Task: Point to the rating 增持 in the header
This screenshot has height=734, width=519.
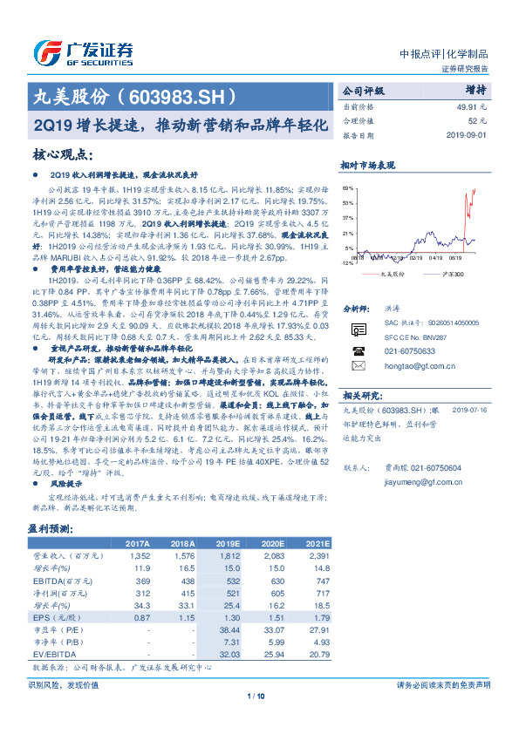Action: click(x=475, y=89)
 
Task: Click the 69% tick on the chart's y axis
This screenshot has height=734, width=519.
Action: click(x=349, y=187)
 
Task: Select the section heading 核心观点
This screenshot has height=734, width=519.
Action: click(x=63, y=155)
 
